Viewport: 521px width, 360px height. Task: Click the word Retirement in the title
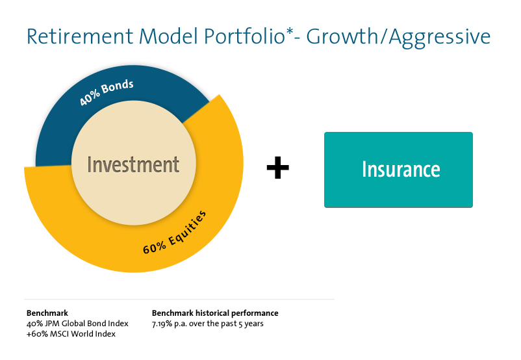80,36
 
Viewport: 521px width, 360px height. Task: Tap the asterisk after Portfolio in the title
289,32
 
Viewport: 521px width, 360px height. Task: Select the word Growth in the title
342,36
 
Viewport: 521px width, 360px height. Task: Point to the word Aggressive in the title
440,38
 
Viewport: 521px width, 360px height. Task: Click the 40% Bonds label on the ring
107,92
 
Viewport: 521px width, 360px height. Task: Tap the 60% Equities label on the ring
175,232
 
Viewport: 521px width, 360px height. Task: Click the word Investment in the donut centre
133,165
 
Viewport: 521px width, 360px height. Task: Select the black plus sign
278,167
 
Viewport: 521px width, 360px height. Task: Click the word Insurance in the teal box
401,170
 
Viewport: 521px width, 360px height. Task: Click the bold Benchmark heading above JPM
47,313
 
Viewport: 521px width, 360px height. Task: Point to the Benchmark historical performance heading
215,313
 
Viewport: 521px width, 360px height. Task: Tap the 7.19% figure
162,324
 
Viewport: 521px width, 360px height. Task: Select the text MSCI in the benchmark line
60,334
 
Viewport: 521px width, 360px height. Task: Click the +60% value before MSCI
37,334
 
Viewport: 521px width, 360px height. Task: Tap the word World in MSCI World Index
82,334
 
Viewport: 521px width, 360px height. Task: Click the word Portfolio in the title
244,36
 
